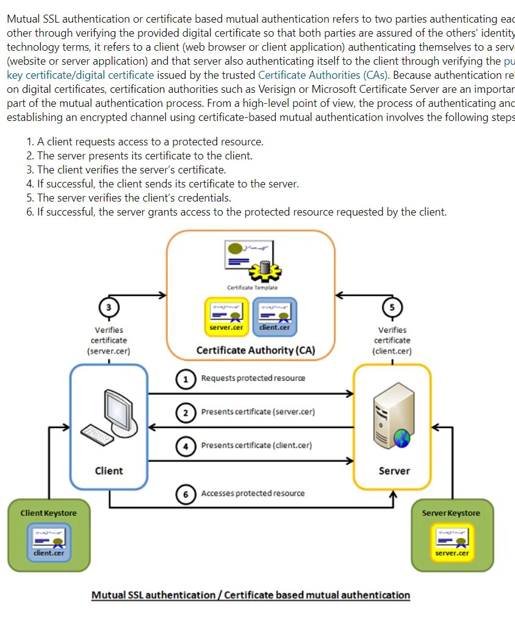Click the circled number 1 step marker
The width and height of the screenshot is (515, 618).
point(186,379)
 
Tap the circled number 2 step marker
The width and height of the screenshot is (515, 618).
point(186,412)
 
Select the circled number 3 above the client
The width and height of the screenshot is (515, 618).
point(109,307)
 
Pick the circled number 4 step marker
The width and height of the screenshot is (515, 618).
point(186,446)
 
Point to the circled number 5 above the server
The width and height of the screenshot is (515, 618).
point(392,307)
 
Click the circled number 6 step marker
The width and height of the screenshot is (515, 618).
point(186,493)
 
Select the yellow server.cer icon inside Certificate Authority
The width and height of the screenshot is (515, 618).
point(226,317)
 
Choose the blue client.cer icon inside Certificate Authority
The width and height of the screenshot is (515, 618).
point(274,316)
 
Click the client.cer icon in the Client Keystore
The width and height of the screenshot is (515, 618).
point(49,542)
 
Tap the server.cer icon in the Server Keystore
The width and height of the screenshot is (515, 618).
point(452,542)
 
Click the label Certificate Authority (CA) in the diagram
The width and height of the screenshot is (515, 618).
point(256,351)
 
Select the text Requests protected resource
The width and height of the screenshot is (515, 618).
point(253,379)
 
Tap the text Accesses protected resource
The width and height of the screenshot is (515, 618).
point(253,493)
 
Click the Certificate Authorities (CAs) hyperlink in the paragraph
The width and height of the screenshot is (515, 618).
point(323,75)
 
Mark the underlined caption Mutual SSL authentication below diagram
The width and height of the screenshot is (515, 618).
point(250,595)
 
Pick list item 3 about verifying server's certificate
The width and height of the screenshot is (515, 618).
point(126,170)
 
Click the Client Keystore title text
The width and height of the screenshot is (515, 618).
point(49,513)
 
